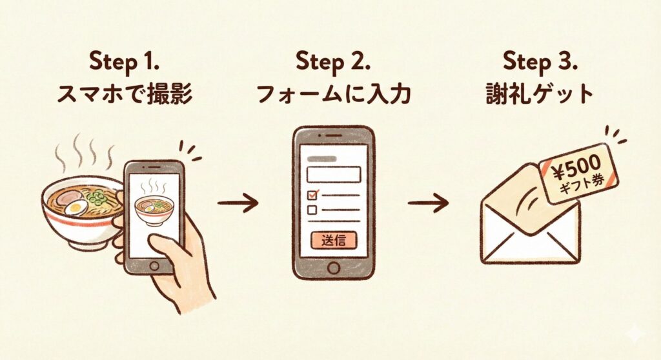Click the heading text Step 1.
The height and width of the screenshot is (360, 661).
(x=124, y=61)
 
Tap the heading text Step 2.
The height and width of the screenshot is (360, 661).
(x=333, y=61)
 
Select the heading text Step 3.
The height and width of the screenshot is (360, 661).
(x=540, y=61)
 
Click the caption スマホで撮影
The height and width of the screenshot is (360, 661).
(x=125, y=94)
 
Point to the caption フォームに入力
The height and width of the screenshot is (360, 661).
(x=333, y=94)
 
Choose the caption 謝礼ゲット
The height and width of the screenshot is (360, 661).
(x=540, y=94)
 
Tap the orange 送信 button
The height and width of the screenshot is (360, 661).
(x=334, y=240)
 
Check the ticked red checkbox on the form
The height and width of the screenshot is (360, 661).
(x=313, y=194)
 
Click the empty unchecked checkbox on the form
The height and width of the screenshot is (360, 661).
(x=312, y=210)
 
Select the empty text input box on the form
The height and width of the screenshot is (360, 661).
(x=334, y=175)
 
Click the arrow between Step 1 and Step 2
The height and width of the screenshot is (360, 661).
(x=238, y=203)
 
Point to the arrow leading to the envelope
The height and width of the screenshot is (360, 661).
(x=428, y=203)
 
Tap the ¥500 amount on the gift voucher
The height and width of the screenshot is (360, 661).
(x=576, y=167)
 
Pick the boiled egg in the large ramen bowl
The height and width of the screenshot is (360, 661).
(x=77, y=207)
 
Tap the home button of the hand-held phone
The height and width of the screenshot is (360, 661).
(x=154, y=266)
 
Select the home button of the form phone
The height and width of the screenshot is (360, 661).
(x=334, y=268)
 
